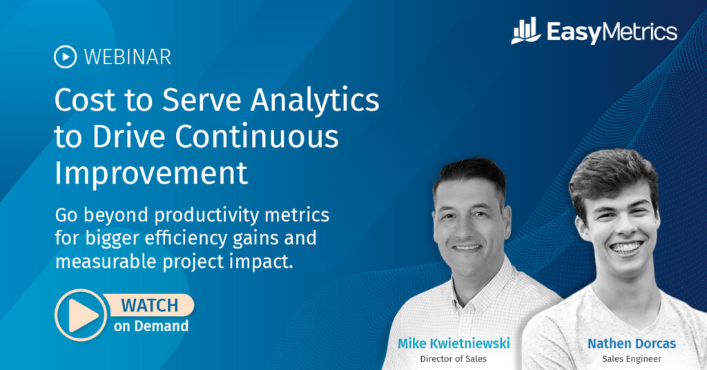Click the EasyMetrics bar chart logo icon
point(526,31)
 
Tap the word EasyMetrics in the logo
point(612,32)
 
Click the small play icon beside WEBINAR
point(65,57)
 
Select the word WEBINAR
point(127,57)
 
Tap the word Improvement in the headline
point(151,173)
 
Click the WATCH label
point(150,304)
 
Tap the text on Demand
point(151,326)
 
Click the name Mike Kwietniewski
point(454,343)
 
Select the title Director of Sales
point(454,359)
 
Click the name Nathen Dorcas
point(632,343)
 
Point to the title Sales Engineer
point(632,359)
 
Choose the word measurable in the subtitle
point(107,262)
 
